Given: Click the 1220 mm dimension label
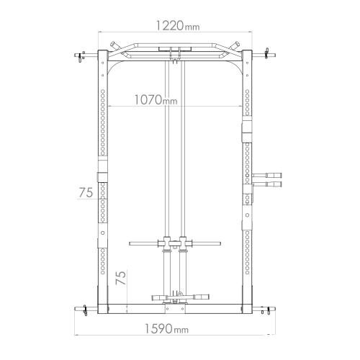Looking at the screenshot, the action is [x=178, y=26].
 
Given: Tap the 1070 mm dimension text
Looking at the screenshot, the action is [x=156, y=99].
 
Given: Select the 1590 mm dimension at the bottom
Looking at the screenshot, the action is [x=166, y=328].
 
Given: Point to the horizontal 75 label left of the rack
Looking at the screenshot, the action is [x=86, y=192].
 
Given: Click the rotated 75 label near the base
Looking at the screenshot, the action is [x=121, y=278].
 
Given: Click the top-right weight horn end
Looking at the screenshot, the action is [x=274, y=55].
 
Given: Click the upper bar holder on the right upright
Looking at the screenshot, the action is [x=266, y=175].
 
